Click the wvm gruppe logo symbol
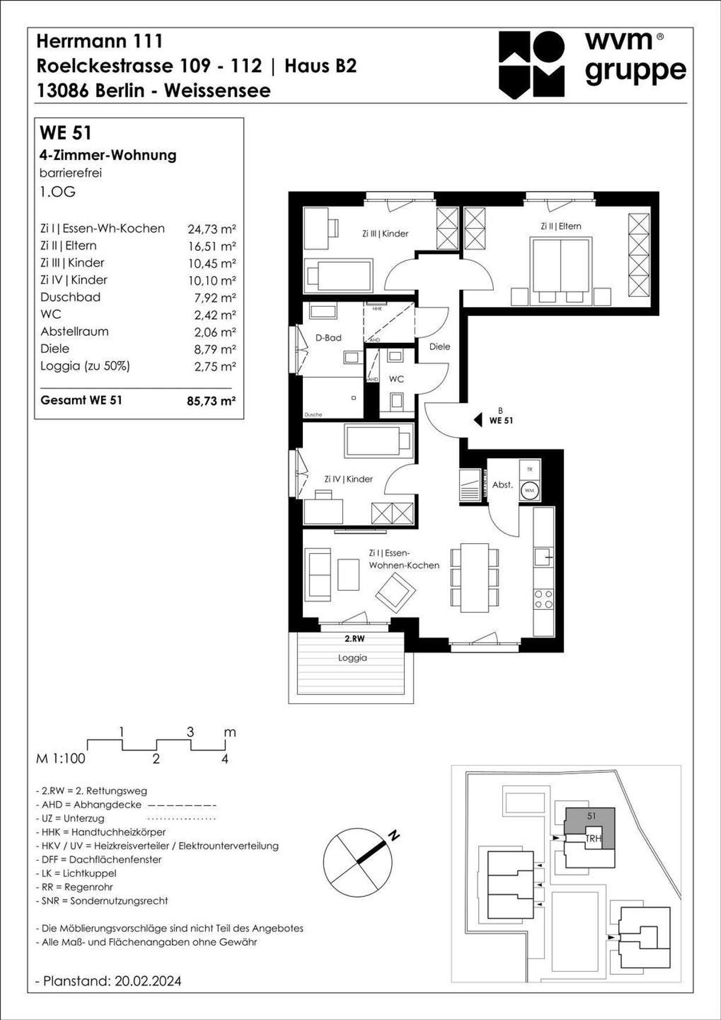coord(532,65)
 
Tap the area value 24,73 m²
coord(211,229)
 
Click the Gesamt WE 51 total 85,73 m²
coord(211,401)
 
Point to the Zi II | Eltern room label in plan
coord(561,226)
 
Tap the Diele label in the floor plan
coord(440,346)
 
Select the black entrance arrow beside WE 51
coord(478,420)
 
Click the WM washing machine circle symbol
coord(529,490)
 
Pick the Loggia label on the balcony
coord(352,658)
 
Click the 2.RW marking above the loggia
coord(354,639)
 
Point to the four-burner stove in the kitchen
coord(544,599)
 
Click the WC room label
coord(397,379)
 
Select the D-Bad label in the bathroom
coord(328,338)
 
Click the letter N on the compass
coord(394,836)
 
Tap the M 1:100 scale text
coord(61,758)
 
